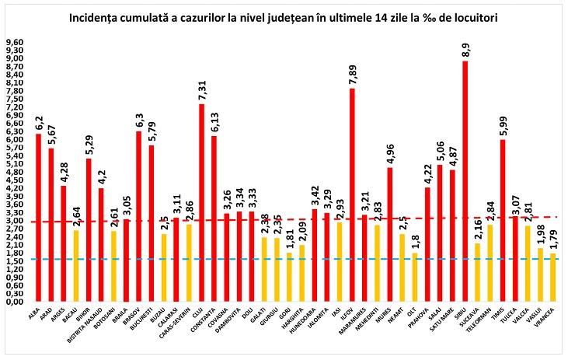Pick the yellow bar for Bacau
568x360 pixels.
click(x=76, y=266)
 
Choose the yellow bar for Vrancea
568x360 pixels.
click(x=552, y=277)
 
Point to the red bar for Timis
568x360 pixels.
click(x=502, y=220)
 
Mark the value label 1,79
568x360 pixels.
click(x=552, y=239)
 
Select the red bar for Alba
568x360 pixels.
click(x=39, y=218)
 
